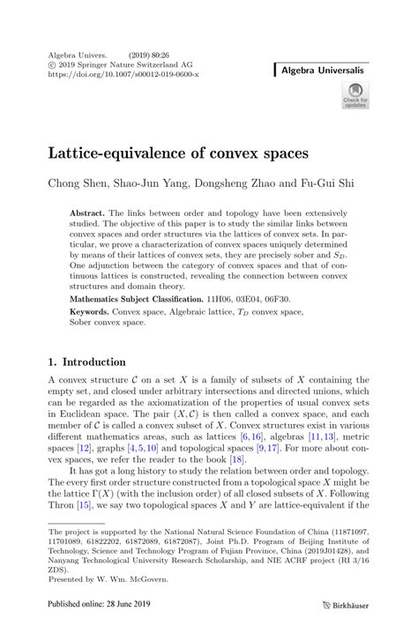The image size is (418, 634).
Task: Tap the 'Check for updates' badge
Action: (x=355, y=94)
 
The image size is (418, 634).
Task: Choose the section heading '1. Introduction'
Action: (x=86, y=362)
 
